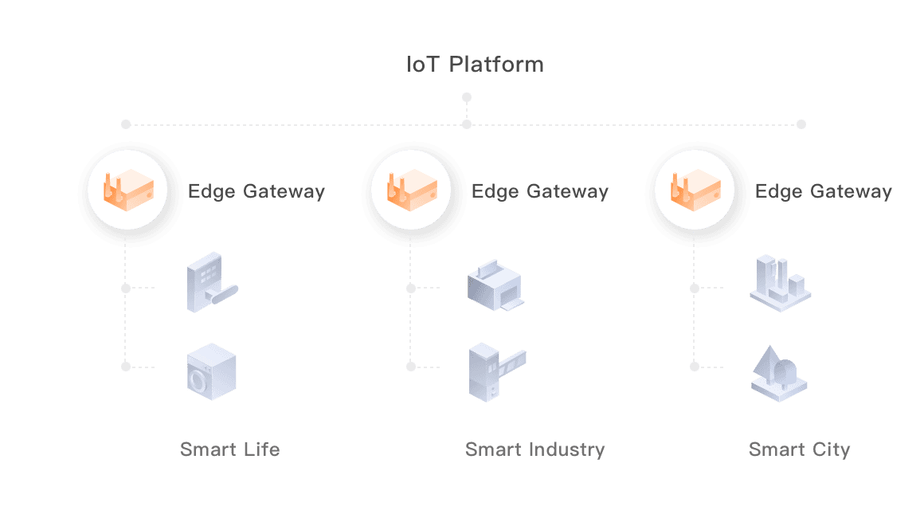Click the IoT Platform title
(x=476, y=65)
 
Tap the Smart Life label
(x=229, y=449)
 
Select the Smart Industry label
(x=534, y=449)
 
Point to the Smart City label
(x=799, y=449)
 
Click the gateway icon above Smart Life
(x=126, y=191)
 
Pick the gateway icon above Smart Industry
(x=410, y=191)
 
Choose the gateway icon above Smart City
(x=694, y=191)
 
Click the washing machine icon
(x=211, y=371)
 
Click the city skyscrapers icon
(x=779, y=282)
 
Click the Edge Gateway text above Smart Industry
(x=539, y=192)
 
